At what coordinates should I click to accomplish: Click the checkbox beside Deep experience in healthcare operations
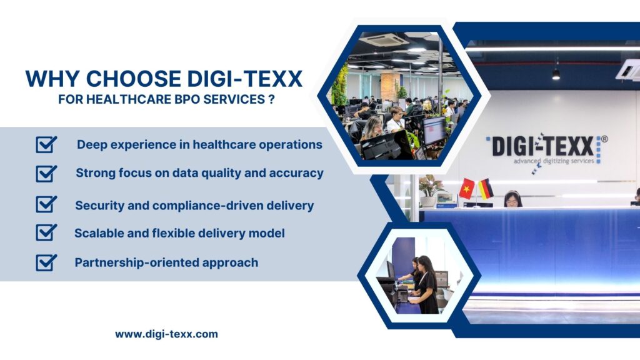(x=46, y=145)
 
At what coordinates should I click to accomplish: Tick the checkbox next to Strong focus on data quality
(x=46, y=174)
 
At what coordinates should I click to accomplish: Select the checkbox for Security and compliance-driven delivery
(x=46, y=204)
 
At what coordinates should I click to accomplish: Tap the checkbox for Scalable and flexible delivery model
(x=46, y=233)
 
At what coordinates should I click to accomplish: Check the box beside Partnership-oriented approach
(x=46, y=262)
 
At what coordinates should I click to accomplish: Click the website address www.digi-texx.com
(x=166, y=334)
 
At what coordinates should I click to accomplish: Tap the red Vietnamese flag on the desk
(x=467, y=188)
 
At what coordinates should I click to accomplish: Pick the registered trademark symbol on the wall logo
(x=604, y=139)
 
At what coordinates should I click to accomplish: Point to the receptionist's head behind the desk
(x=512, y=198)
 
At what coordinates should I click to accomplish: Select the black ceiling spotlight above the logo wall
(x=556, y=73)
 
